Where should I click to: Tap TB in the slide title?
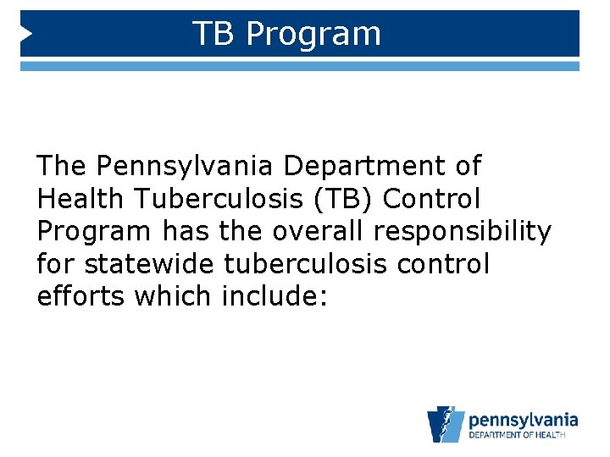214,34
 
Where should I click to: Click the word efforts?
81,298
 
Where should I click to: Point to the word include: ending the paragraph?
273,298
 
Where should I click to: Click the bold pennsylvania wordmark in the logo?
523,419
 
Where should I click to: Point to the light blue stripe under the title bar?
300,65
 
